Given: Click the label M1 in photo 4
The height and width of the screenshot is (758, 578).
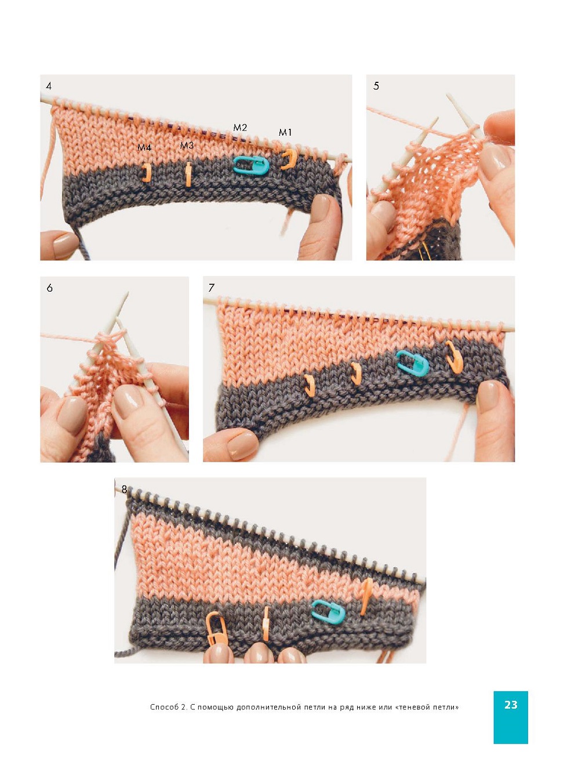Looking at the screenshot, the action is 285,132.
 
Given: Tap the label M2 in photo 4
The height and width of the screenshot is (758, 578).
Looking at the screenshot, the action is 240,128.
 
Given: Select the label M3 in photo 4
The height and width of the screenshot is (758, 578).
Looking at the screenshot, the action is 187,146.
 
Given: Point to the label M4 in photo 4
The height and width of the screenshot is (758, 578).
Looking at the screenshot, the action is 144,147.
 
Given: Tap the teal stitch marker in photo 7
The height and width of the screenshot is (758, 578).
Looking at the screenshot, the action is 412,362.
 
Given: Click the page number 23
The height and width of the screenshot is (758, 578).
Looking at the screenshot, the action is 511,705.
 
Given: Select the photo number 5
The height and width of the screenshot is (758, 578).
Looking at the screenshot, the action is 376,86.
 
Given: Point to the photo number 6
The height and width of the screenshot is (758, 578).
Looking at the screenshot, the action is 50,288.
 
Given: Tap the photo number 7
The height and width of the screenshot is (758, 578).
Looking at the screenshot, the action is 211,287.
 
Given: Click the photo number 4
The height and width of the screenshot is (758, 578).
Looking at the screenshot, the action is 49,86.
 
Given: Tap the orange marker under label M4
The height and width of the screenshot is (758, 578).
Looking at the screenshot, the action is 147,172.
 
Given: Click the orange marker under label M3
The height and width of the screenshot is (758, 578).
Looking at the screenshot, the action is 188,175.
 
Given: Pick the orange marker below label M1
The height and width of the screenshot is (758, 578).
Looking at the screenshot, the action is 289,159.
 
